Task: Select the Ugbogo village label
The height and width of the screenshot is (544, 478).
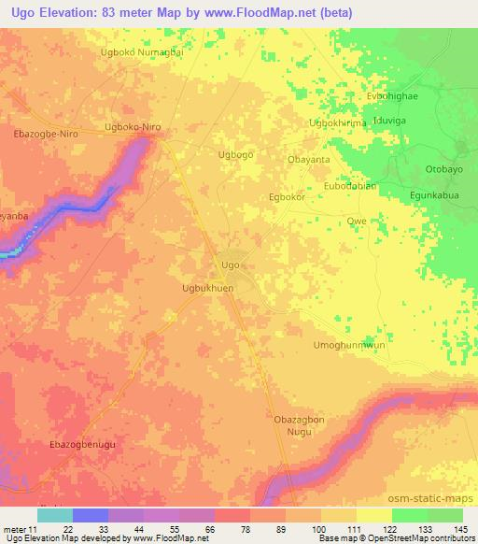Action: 234,154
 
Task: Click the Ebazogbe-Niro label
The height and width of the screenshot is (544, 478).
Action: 47,134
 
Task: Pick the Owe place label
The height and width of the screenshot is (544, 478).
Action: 356,221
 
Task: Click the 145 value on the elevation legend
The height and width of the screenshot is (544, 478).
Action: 458,529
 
